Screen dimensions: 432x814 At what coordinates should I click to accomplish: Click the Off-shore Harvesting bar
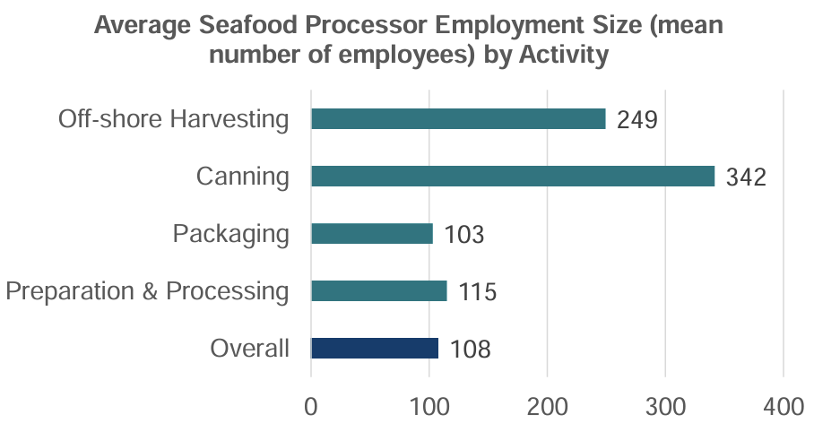click(458, 119)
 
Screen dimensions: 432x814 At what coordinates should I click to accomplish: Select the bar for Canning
click(513, 177)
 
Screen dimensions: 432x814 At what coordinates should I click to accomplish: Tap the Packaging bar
click(372, 234)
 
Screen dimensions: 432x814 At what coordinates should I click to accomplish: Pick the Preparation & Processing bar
click(378, 291)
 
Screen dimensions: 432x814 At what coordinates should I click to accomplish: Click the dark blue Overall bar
click(375, 348)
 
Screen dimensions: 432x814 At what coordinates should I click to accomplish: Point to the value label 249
click(637, 120)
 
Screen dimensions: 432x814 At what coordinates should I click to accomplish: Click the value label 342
click(746, 177)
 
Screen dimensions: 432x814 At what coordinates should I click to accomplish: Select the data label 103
click(463, 235)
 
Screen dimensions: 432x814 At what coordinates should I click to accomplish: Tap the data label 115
click(477, 292)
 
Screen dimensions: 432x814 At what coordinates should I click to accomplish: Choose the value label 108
click(470, 350)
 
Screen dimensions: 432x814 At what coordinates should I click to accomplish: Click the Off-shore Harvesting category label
click(174, 119)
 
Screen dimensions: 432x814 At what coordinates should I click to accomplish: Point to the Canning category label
click(243, 177)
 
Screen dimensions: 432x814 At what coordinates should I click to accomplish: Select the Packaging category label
click(231, 234)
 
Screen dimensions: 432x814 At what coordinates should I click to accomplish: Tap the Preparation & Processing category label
click(147, 291)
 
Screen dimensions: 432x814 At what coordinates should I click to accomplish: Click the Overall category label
click(250, 349)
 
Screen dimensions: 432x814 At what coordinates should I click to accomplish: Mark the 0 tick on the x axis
click(311, 406)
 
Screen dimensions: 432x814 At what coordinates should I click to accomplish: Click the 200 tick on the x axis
click(547, 406)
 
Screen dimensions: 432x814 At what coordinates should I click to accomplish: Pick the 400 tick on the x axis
click(784, 406)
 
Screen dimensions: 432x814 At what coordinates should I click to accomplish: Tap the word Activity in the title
click(557, 55)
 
